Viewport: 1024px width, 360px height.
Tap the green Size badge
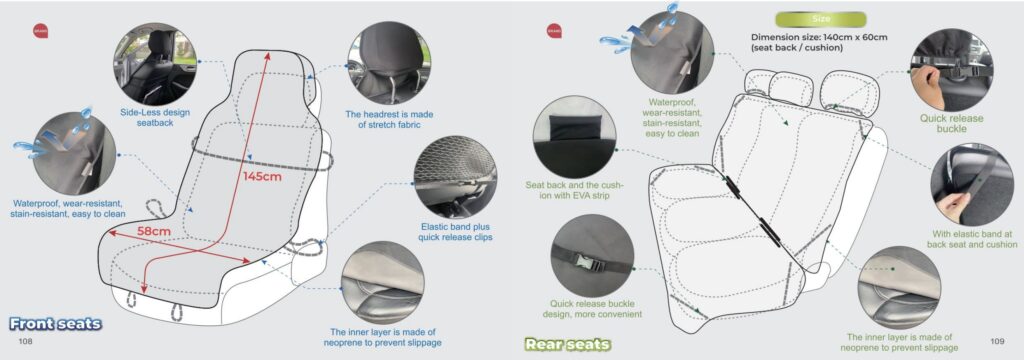pos(820,19)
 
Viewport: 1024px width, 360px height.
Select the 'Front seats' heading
pos(55,324)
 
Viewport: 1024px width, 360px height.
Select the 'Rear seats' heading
pos(567,345)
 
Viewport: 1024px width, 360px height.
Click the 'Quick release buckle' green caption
pos(951,122)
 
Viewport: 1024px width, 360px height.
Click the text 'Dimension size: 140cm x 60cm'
pos(819,38)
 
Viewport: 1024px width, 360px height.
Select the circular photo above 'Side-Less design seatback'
pos(155,61)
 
